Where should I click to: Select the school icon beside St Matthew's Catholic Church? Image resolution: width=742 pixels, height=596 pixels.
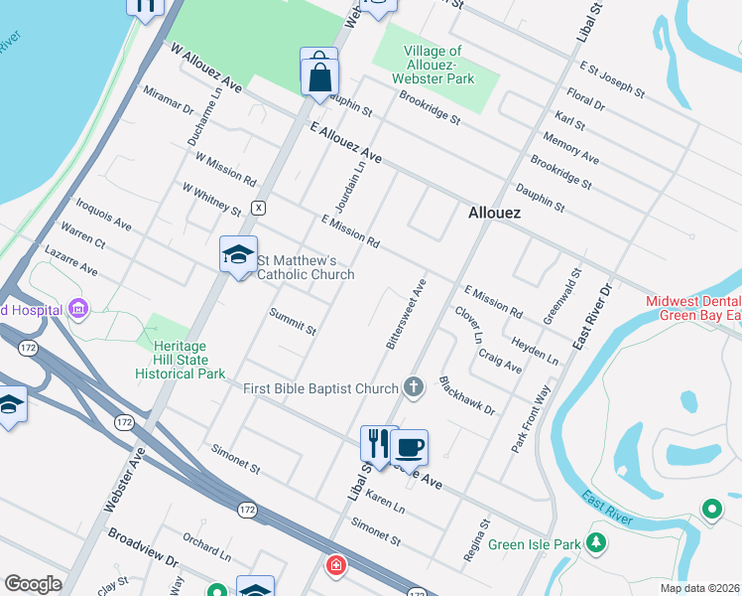click(x=238, y=255)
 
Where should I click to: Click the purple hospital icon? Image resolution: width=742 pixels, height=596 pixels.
click(x=78, y=309)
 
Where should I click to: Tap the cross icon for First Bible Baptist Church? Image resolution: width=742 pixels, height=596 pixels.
click(x=415, y=387)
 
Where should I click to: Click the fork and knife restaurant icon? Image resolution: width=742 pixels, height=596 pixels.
click(x=378, y=443)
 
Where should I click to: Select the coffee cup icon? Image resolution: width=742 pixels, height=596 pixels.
click(x=409, y=447)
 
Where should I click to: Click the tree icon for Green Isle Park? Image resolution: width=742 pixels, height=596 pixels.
click(x=596, y=543)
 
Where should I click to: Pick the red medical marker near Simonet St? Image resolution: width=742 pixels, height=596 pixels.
click(x=337, y=565)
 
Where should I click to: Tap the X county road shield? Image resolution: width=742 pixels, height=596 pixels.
click(x=258, y=208)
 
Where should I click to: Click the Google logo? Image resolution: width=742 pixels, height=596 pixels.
click(x=33, y=584)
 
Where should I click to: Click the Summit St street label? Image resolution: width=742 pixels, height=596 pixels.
click(x=293, y=321)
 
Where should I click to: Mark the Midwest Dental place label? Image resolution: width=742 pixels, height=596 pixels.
click(x=693, y=301)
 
